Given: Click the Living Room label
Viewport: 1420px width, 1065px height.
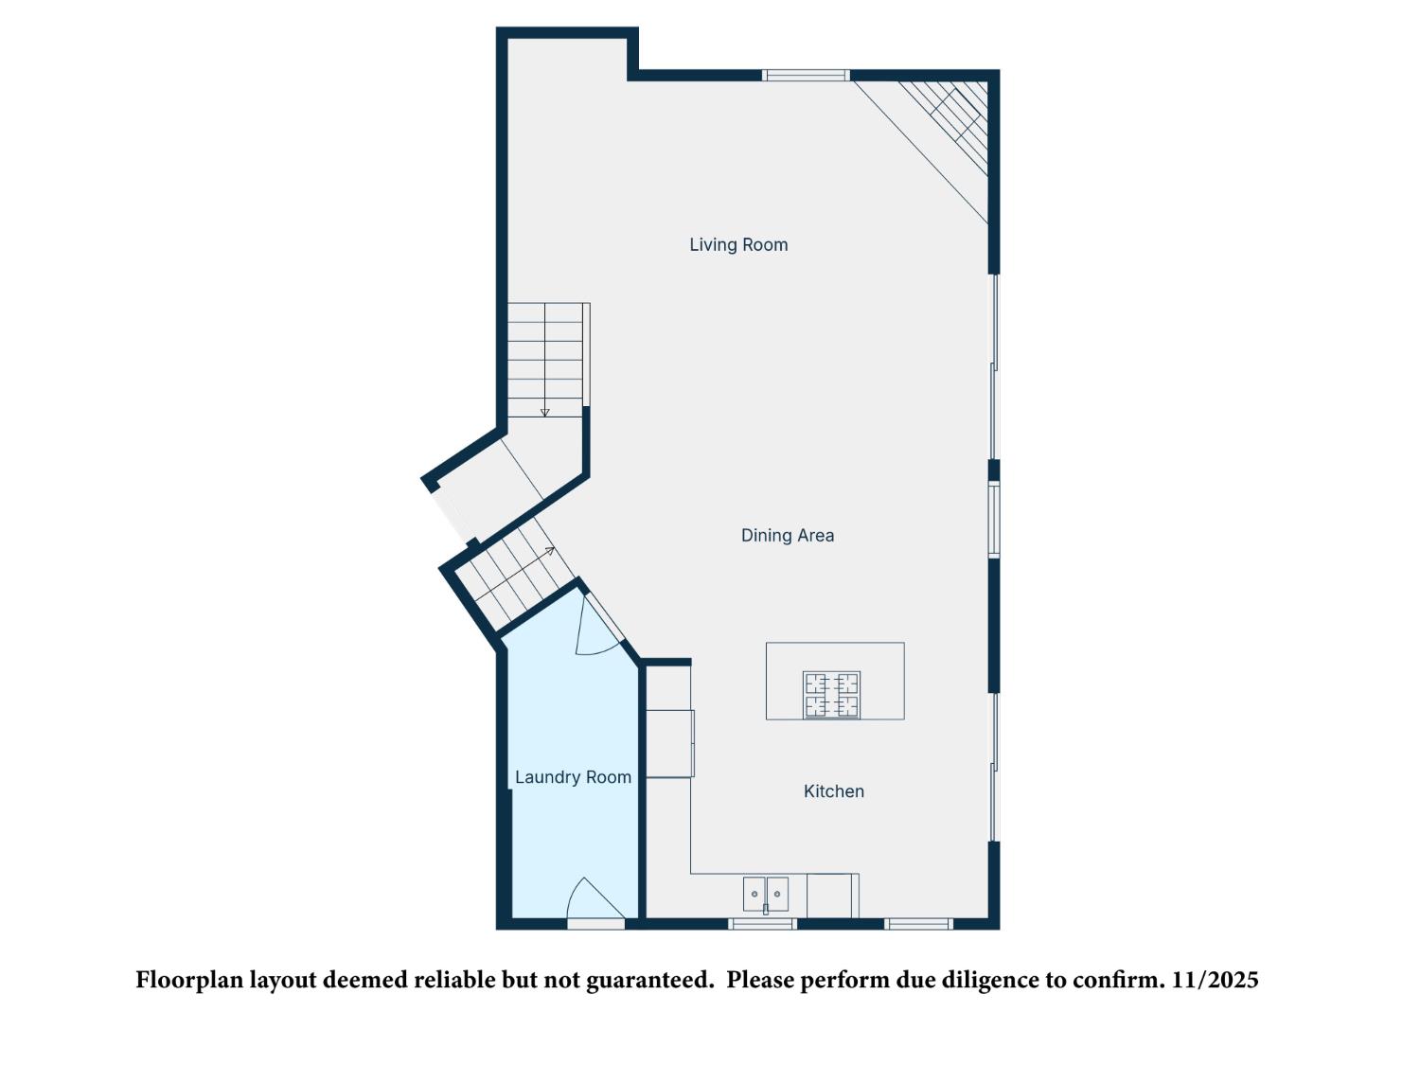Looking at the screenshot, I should coord(738,244).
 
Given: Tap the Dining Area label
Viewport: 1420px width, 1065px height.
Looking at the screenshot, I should coord(788,535).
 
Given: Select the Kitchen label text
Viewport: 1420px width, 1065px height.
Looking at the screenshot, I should coord(833,791).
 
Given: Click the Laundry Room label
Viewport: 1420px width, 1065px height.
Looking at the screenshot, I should coord(573,777).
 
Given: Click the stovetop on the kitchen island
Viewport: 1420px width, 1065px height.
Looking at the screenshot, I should coord(832,695).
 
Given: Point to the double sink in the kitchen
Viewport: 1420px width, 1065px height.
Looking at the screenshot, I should coord(765,894).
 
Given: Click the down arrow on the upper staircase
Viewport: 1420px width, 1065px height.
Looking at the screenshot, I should coord(544,412).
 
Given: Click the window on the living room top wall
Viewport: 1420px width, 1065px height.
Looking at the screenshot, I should coord(806,76).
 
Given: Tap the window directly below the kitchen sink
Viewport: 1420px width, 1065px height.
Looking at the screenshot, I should coord(762,923).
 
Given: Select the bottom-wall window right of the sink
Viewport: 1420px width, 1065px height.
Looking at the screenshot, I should coord(918,923).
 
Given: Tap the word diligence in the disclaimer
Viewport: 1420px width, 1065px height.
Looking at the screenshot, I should coord(990,980).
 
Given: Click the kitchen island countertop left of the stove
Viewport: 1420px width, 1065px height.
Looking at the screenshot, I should coord(784,681).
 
